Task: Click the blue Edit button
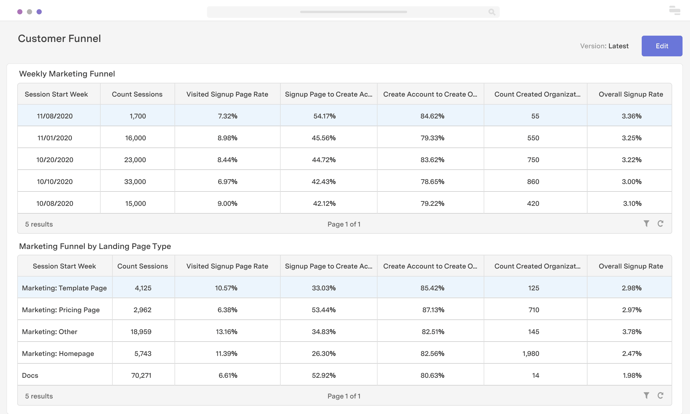[x=662, y=46]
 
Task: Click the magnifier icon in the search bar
[x=492, y=12]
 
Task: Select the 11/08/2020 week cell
[x=55, y=116]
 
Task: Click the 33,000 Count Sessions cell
[x=135, y=182]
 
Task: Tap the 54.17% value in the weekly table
[x=324, y=116]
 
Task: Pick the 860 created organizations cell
[x=533, y=182]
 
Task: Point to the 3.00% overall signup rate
[x=631, y=182]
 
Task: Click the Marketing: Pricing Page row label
[x=61, y=310]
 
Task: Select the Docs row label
[x=30, y=375]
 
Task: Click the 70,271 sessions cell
[x=141, y=375]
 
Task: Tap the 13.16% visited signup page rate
[x=227, y=332]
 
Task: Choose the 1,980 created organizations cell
[x=531, y=354]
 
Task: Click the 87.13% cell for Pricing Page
[x=433, y=310]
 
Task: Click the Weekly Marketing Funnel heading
[x=67, y=74]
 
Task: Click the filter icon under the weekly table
[x=646, y=224]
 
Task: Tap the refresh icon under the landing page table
[x=660, y=396]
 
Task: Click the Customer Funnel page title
[x=59, y=39]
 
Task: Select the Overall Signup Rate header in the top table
[x=631, y=94]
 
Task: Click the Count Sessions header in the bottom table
[x=143, y=266]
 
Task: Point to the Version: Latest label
[x=604, y=46]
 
